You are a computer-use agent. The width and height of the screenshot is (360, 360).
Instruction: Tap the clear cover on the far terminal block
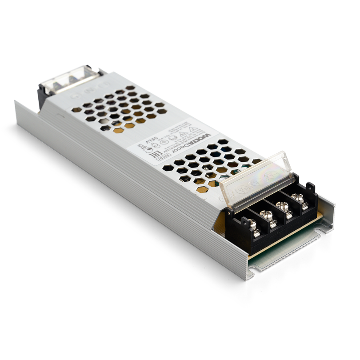tap(71, 80)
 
